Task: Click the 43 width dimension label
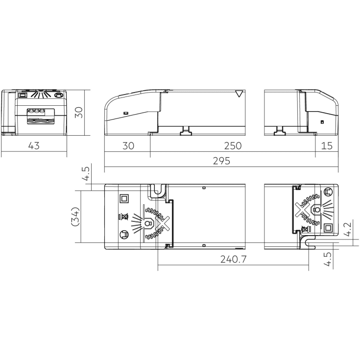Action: pos(34,145)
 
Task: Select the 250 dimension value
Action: pos(233,146)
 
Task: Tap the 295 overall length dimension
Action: pos(221,161)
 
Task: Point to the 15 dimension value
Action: pos(327,146)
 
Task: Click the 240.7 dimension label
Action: pos(233,259)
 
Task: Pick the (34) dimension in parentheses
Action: pos(75,216)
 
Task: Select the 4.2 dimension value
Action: pos(347,229)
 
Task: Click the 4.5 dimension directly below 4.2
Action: pos(328,259)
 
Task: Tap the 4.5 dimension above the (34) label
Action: pos(86,174)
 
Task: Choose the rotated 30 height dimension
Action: pos(79,112)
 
